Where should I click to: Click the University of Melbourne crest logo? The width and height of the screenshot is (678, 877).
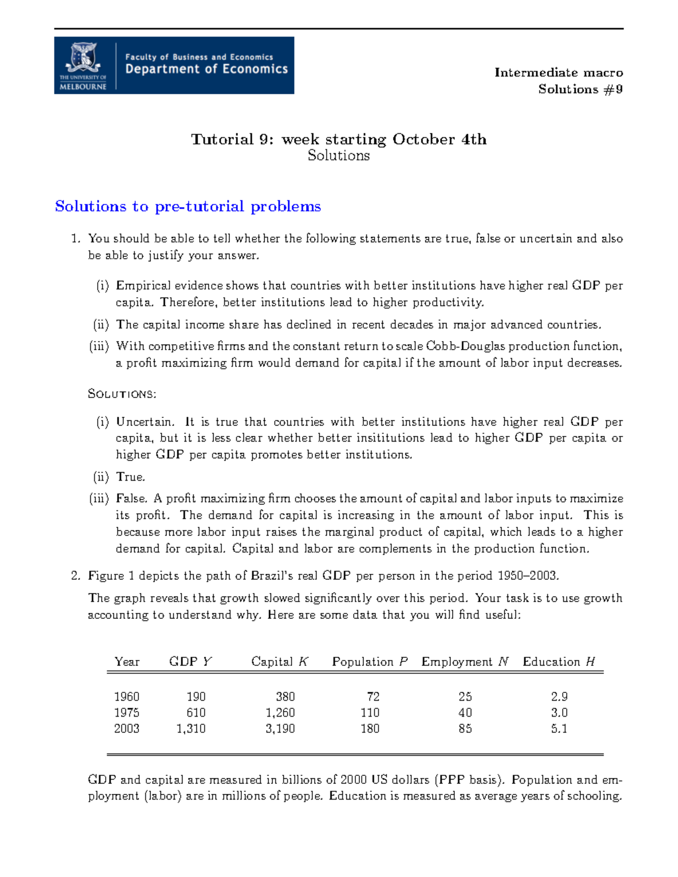point(83,59)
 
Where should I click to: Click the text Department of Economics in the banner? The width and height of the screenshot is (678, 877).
point(206,69)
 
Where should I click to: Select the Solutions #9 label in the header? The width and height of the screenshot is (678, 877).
point(580,89)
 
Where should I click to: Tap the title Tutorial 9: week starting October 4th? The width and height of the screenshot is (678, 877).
point(338,139)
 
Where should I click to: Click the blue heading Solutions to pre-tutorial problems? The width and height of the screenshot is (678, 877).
point(188,207)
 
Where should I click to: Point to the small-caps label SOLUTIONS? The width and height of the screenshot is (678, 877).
point(122,394)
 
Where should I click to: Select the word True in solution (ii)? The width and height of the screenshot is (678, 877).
point(130,477)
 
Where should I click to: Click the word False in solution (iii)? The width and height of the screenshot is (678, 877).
point(132,499)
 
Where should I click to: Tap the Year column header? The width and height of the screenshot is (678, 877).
point(127,662)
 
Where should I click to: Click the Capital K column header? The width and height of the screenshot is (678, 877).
point(280,662)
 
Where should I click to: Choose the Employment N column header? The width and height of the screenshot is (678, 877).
point(465,662)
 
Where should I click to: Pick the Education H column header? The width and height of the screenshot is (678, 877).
point(559,662)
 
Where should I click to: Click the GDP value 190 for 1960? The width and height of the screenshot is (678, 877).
point(196,697)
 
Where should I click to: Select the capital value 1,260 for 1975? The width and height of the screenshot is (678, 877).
point(280,713)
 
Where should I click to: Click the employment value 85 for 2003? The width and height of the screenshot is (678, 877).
point(465,729)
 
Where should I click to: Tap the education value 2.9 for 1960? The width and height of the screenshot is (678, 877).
point(559,697)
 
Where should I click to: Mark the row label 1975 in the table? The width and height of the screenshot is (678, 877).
point(127,713)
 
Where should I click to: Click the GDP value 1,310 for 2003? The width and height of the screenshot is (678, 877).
point(191,729)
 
